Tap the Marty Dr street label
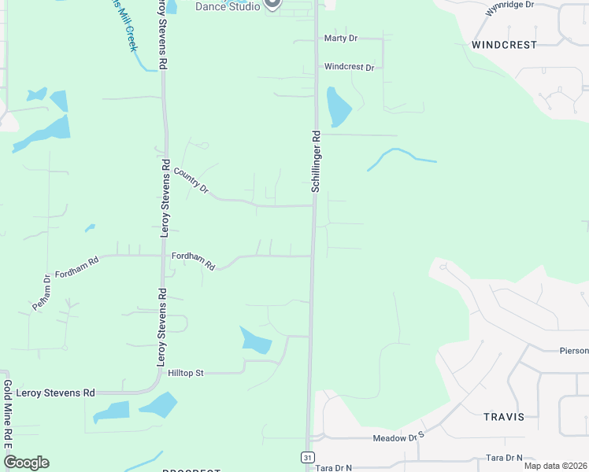(x=341, y=38)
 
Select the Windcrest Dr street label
(x=349, y=68)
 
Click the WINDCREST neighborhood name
(x=504, y=46)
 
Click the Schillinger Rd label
(x=316, y=161)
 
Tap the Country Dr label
(x=191, y=181)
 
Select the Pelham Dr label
(x=42, y=292)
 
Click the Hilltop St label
(x=186, y=373)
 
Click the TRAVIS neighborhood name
(x=504, y=417)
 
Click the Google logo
(x=26, y=463)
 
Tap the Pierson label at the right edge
(x=573, y=351)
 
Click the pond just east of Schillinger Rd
(x=338, y=107)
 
